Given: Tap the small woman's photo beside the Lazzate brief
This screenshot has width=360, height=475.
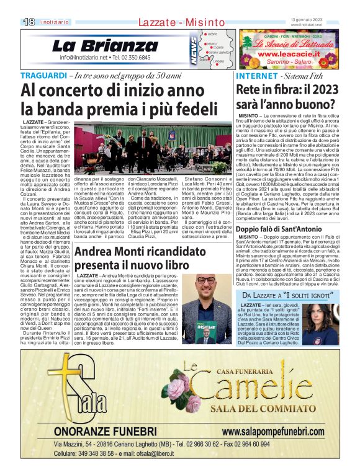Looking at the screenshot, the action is pos(339,325).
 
